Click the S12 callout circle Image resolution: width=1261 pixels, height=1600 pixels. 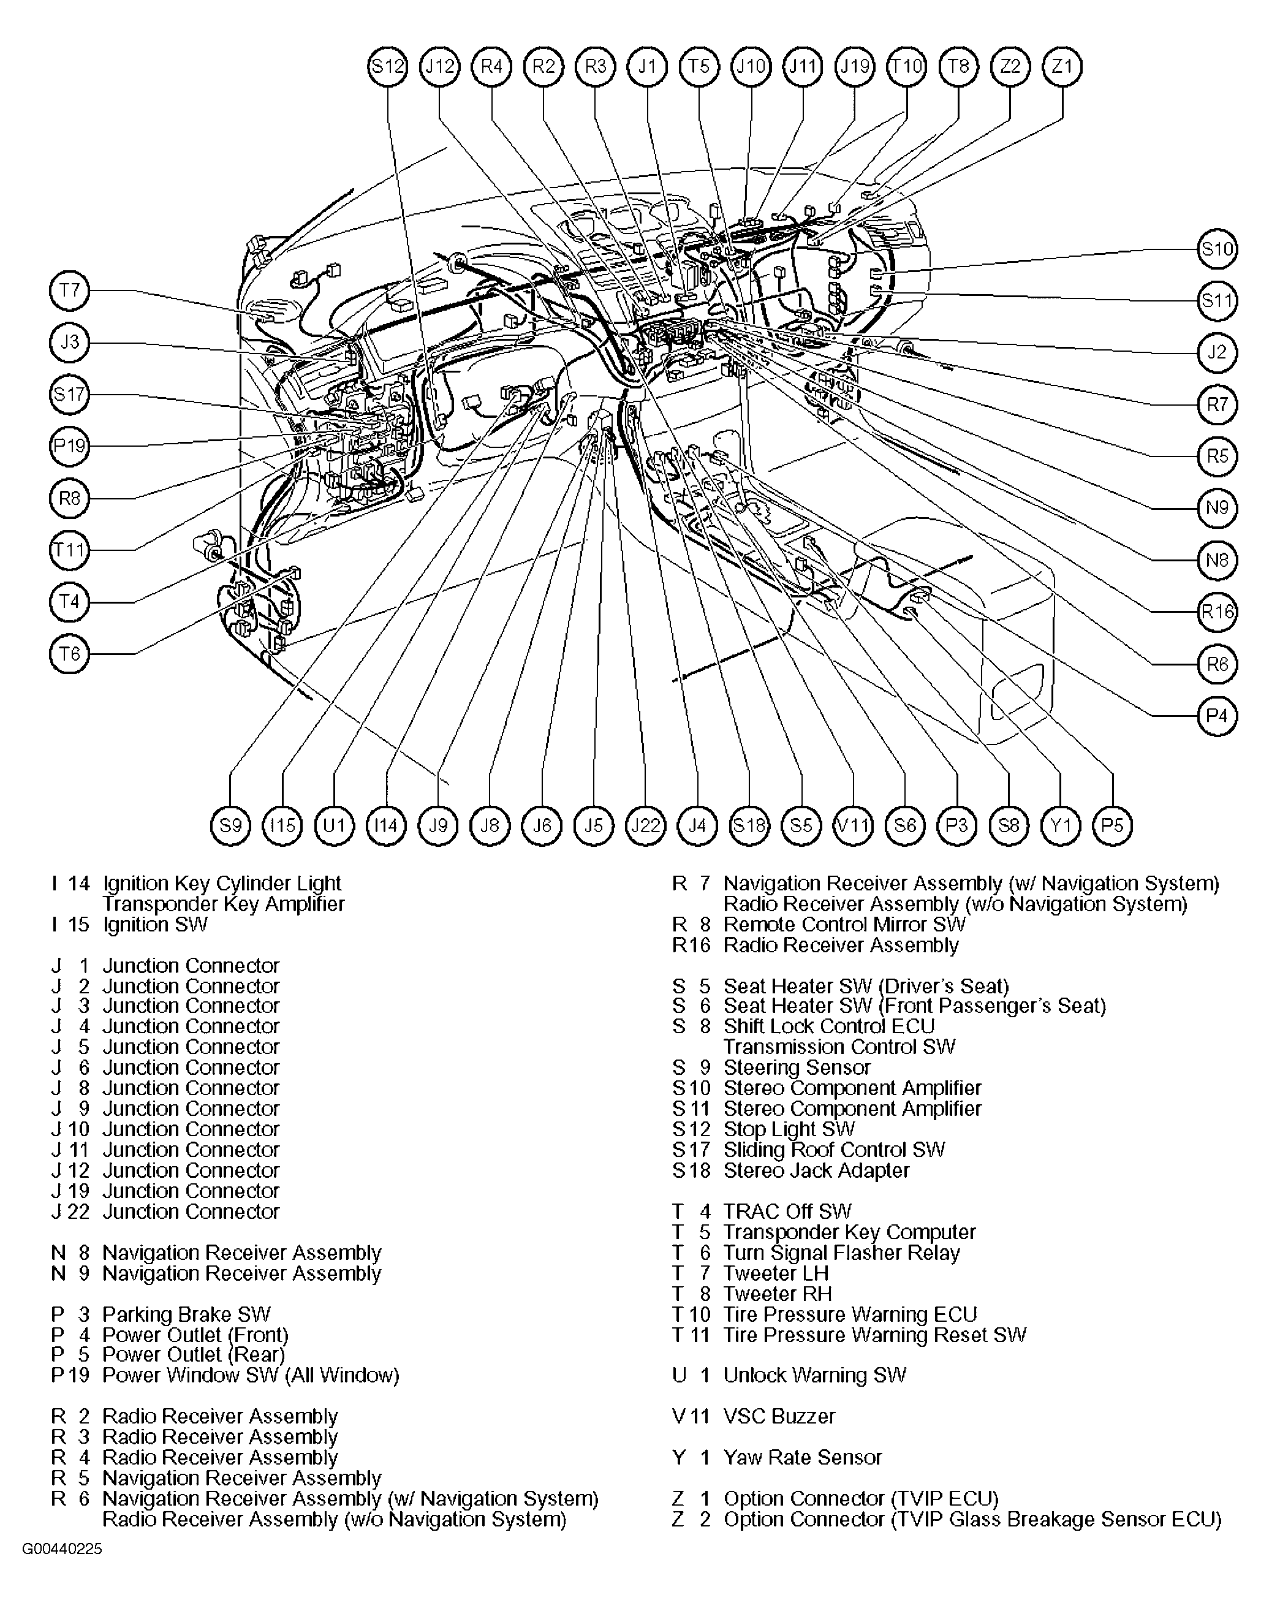[388, 66]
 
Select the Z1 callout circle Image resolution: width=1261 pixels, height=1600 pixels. [1062, 66]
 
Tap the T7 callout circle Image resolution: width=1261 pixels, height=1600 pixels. [69, 290]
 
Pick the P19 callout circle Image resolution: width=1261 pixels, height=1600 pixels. [69, 446]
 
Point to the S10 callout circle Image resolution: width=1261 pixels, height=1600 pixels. [1217, 249]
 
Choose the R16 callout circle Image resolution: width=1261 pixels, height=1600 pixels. [1217, 612]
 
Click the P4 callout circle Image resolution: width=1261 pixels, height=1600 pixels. [1217, 716]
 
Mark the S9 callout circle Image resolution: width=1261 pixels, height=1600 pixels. [231, 825]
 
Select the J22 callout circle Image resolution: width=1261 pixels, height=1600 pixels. [646, 825]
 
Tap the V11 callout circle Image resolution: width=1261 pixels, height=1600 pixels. [854, 825]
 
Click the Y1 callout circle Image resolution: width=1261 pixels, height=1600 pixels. [1061, 825]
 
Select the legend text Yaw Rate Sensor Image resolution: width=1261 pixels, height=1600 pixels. [803, 1457]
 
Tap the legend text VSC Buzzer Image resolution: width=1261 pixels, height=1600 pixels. [779, 1416]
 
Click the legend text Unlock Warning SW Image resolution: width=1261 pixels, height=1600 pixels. [815, 1375]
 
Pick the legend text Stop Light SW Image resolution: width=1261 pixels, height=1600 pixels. [789, 1129]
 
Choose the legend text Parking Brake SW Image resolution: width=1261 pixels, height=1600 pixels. [187, 1314]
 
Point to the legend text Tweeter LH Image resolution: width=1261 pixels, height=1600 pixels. [776, 1273]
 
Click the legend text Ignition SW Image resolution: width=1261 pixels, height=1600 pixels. [155, 925]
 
